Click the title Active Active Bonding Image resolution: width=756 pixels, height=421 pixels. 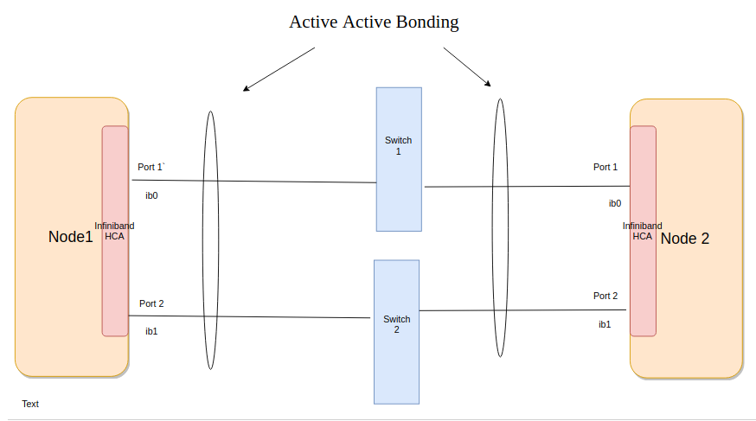click(x=374, y=22)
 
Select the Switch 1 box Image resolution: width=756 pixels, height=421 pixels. click(x=399, y=159)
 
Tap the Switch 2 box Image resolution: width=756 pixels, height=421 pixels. click(x=396, y=331)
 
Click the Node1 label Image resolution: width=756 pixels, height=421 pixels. click(x=70, y=237)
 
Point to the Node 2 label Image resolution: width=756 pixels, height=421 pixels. click(x=684, y=239)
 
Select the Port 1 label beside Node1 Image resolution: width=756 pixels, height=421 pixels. click(x=151, y=167)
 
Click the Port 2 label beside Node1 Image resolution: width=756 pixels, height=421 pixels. click(x=151, y=303)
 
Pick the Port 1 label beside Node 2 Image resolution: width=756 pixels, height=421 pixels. click(x=605, y=167)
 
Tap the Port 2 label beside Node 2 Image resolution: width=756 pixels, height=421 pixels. click(x=605, y=296)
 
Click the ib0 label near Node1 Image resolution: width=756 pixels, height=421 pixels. click(x=151, y=195)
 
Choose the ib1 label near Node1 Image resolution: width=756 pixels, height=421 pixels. click(x=151, y=331)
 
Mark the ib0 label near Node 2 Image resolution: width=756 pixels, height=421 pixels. click(x=615, y=204)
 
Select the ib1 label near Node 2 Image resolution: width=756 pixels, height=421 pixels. click(x=605, y=324)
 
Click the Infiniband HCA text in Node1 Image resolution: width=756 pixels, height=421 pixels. click(x=114, y=231)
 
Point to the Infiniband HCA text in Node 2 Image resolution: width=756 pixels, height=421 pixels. click(x=643, y=231)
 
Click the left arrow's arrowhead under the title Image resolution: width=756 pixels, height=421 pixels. click(x=246, y=88)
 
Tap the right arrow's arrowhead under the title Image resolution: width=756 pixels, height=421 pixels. click(x=489, y=85)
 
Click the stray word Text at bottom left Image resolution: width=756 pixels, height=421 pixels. click(x=30, y=404)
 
